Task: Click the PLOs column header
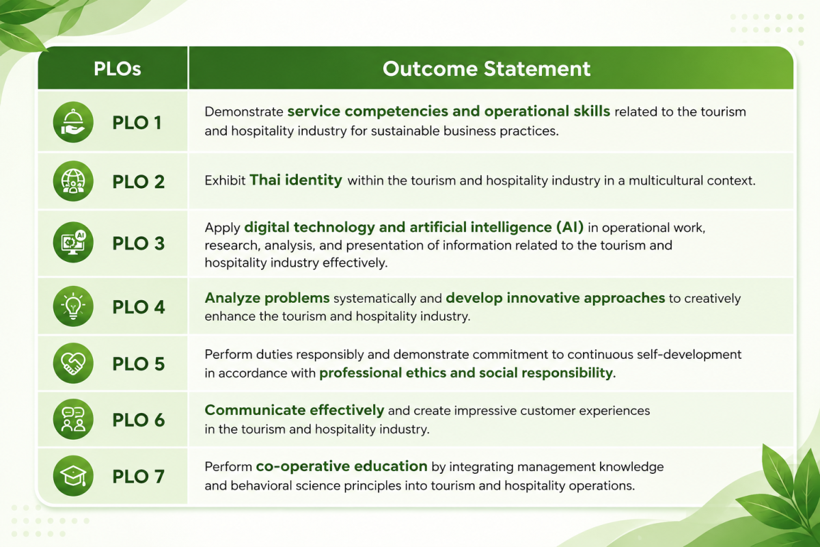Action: pyautogui.click(x=117, y=68)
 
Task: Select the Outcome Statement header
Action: pyautogui.click(x=487, y=68)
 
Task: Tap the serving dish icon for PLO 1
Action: pyautogui.click(x=73, y=122)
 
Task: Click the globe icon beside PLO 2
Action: pyautogui.click(x=73, y=181)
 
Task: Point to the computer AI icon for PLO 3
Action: pyautogui.click(x=73, y=242)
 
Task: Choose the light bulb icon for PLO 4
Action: pyautogui.click(x=73, y=306)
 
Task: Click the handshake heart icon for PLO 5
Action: pyautogui.click(x=73, y=363)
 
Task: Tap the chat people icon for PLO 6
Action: pyautogui.click(x=73, y=419)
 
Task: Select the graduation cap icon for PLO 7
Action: pyautogui.click(x=73, y=476)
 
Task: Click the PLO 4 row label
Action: pyautogui.click(x=138, y=306)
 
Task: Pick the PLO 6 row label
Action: pyautogui.click(x=138, y=420)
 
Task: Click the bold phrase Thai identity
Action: pyautogui.click(x=296, y=180)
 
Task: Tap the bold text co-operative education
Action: pyautogui.click(x=342, y=466)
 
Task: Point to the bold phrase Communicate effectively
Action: pyautogui.click(x=295, y=410)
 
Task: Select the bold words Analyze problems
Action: pyautogui.click(x=267, y=298)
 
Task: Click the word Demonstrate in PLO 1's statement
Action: pyautogui.click(x=244, y=111)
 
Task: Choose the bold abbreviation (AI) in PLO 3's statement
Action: pyautogui.click(x=570, y=227)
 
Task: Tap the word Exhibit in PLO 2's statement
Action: pyautogui.click(x=225, y=181)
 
